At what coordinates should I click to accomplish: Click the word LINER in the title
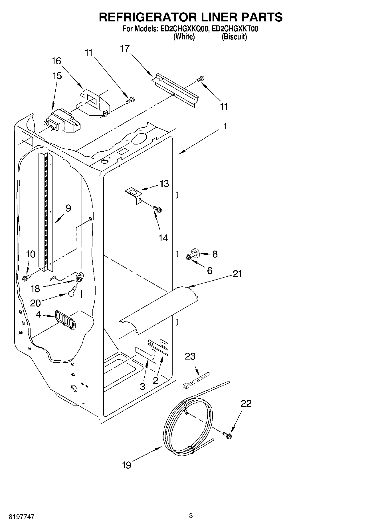(217, 17)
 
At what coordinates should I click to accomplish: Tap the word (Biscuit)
(234, 37)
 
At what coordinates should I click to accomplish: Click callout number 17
(125, 49)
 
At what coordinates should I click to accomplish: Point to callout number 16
(56, 61)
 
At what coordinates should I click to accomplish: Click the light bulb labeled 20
(72, 291)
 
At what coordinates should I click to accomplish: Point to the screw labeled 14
(157, 209)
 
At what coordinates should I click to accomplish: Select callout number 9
(68, 208)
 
